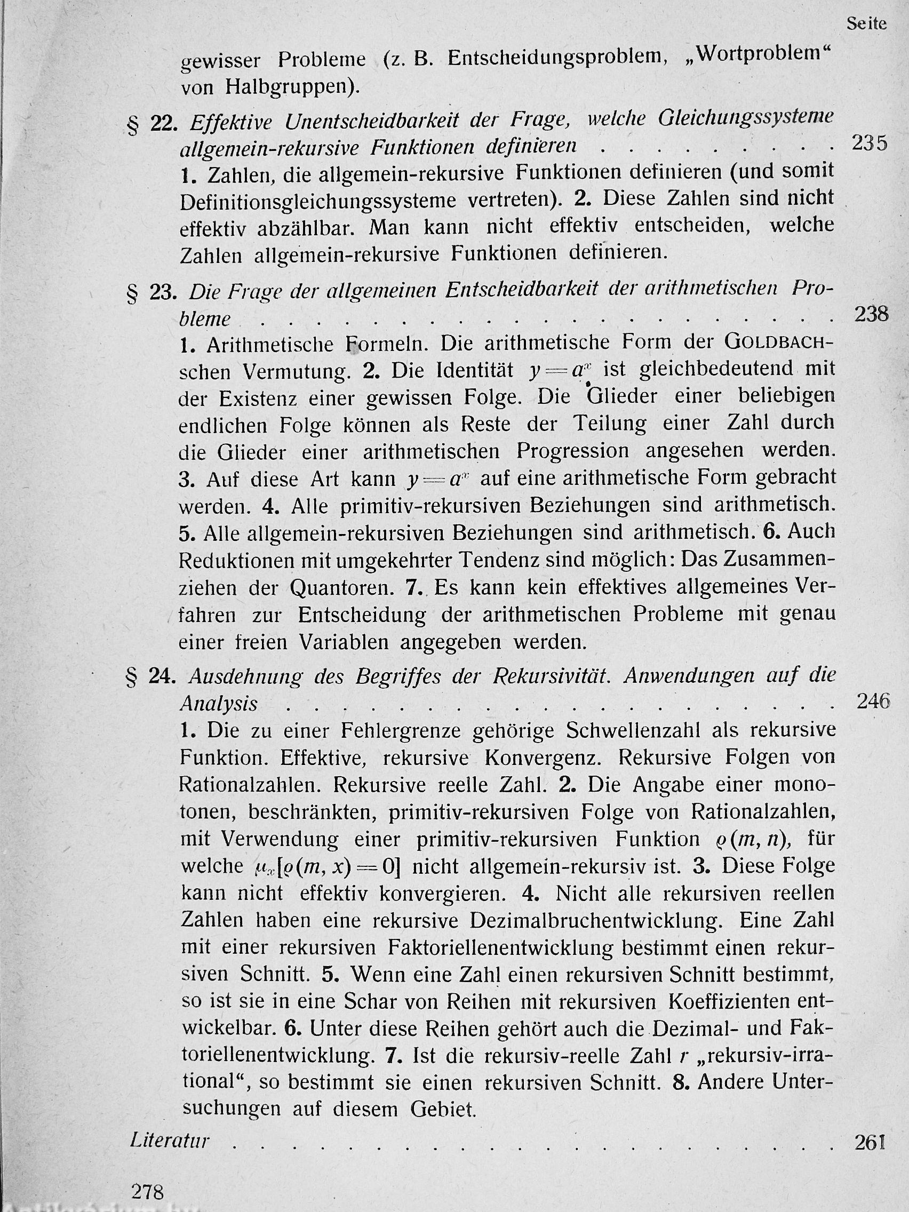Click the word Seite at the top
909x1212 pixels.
point(866,23)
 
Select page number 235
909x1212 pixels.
point(870,143)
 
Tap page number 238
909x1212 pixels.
point(871,314)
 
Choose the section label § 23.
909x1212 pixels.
point(152,294)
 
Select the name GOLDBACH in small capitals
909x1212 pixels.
point(778,342)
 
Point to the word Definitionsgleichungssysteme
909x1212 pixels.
point(318,201)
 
